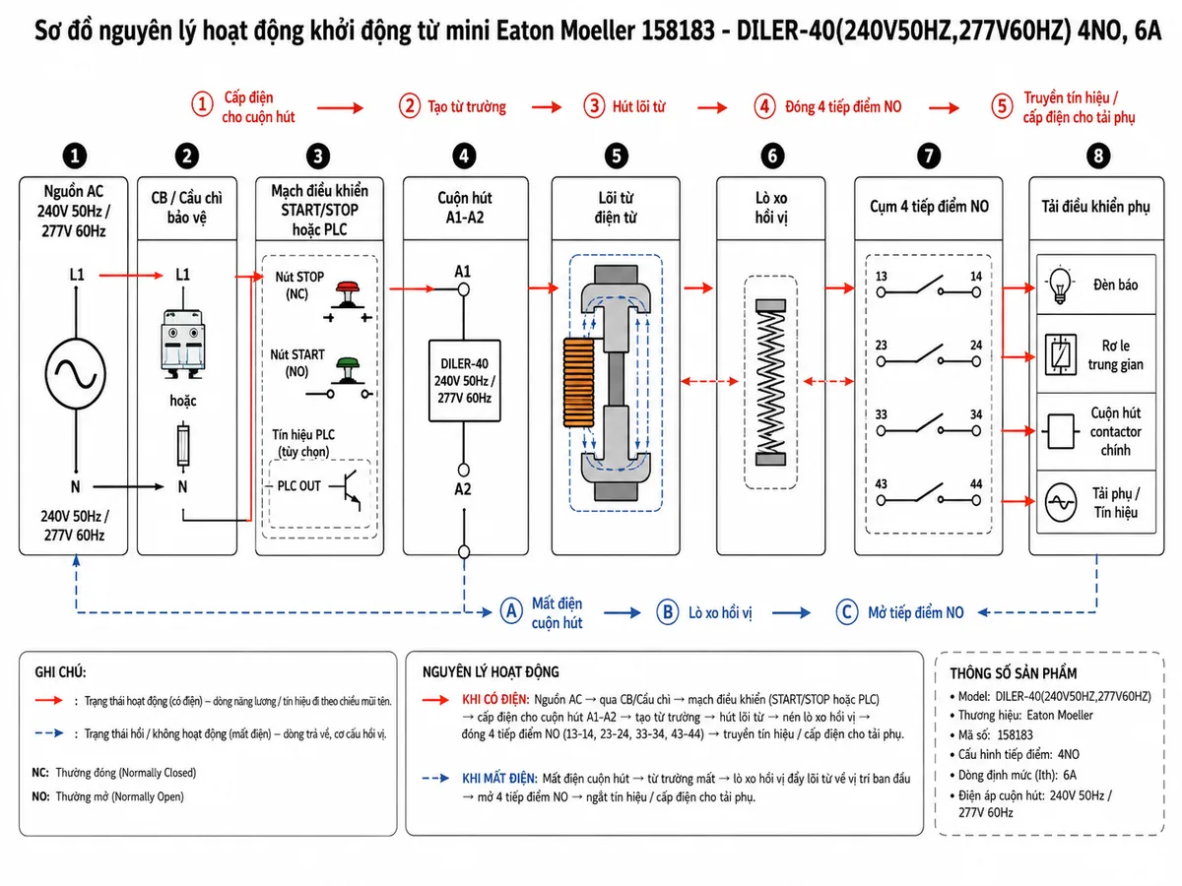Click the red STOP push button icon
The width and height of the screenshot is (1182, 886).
click(348, 293)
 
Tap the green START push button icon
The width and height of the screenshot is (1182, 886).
click(348, 371)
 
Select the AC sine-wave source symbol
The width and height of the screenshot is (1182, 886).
click(76, 373)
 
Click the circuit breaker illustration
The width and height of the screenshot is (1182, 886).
click(183, 344)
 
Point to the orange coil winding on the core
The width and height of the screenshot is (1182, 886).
click(578, 383)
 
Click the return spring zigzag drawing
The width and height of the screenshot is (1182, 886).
click(770, 382)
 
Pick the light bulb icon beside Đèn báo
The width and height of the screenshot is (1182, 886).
click(1060, 285)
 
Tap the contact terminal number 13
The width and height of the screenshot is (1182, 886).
click(881, 276)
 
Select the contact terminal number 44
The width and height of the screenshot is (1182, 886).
click(976, 483)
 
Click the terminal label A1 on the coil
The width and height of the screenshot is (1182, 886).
click(463, 271)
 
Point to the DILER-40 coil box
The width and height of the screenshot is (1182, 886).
click(464, 380)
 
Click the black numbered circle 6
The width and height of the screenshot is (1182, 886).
click(772, 156)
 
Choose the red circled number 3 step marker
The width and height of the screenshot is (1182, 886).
click(595, 105)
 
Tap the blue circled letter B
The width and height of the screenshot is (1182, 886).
click(668, 612)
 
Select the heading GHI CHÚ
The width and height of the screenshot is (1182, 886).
click(60, 672)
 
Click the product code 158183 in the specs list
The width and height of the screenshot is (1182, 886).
click(1015, 734)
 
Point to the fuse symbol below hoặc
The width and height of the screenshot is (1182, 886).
click(183, 444)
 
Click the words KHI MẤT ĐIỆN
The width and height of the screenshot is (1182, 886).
click(499, 778)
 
